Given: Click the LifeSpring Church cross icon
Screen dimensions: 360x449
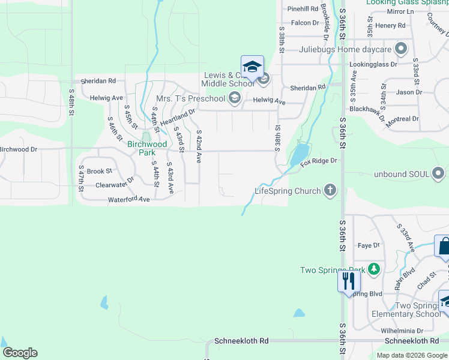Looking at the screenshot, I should [330, 191].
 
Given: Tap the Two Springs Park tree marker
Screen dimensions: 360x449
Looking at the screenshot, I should [375, 269].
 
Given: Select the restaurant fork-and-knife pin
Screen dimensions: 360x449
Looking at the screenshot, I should [349, 280].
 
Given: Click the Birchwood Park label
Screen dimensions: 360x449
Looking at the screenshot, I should [147, 148].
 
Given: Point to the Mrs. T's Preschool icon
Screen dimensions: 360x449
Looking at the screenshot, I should [234, 98].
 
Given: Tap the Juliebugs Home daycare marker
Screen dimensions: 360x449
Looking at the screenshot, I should [402, 49].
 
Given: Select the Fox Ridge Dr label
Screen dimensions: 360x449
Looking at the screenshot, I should [319, 161].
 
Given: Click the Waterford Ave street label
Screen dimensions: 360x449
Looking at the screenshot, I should [128, 199].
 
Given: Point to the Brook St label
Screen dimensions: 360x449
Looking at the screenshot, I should [96, 171].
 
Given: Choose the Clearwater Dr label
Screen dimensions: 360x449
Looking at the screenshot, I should [115, 185].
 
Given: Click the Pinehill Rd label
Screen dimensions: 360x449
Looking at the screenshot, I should [303, 9].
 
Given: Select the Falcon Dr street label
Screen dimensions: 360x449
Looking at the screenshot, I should [305, 23].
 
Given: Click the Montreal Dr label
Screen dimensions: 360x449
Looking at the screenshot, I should [402, 119].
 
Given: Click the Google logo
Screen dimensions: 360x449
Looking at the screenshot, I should [20, 353].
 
